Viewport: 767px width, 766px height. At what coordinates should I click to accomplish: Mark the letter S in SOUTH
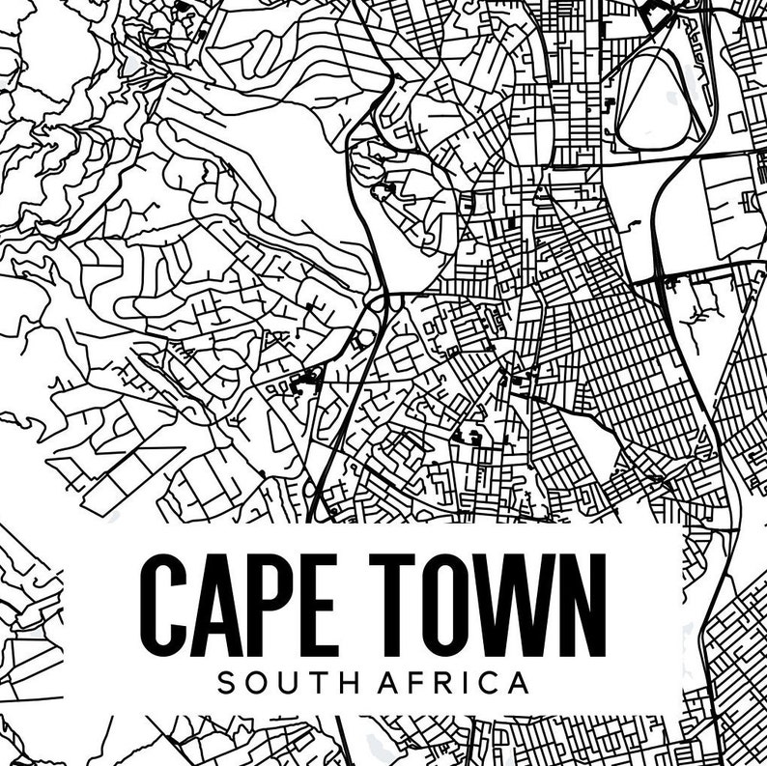point(227,683)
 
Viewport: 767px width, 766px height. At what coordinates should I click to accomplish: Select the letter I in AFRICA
point(472,683)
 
